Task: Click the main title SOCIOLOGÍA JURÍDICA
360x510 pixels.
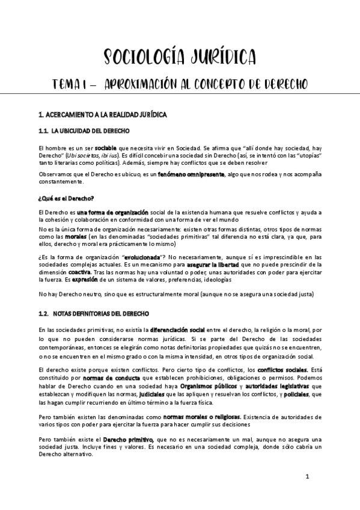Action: [x=180, y=57]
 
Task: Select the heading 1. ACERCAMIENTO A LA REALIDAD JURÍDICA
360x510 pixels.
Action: [x=102, y=115]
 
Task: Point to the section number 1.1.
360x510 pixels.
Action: [x=43, y=131]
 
